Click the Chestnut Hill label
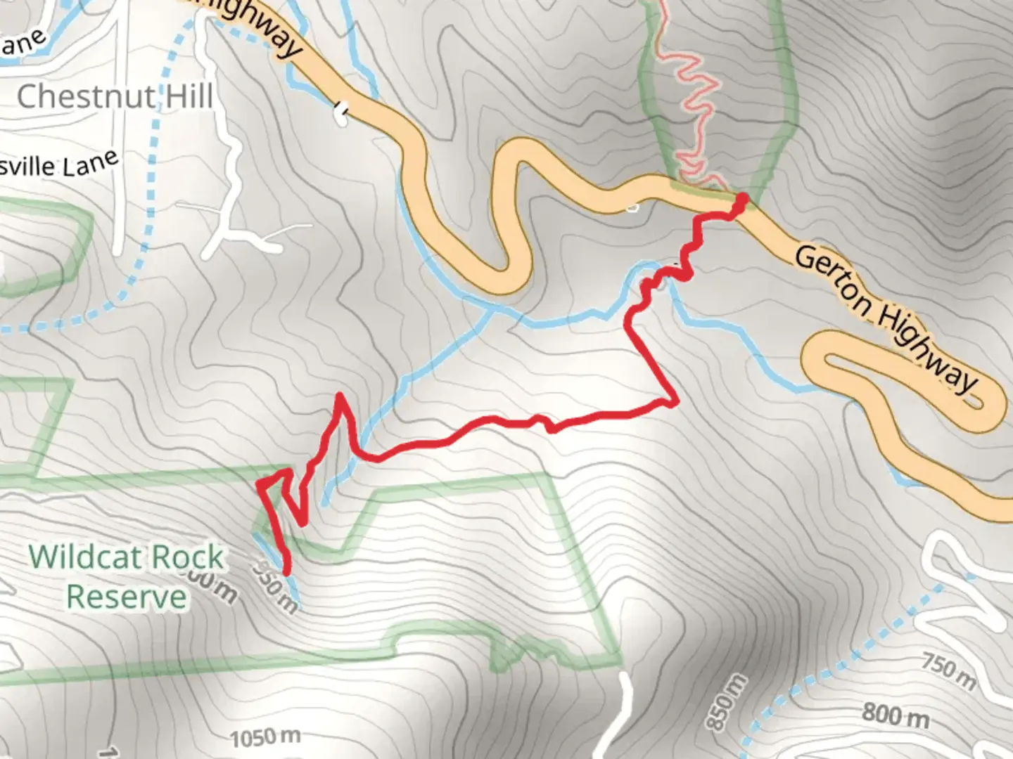point(115,96)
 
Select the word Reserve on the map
point(127,597)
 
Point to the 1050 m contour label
point(265,737)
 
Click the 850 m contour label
point(725,701)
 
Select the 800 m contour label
point(895,715)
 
